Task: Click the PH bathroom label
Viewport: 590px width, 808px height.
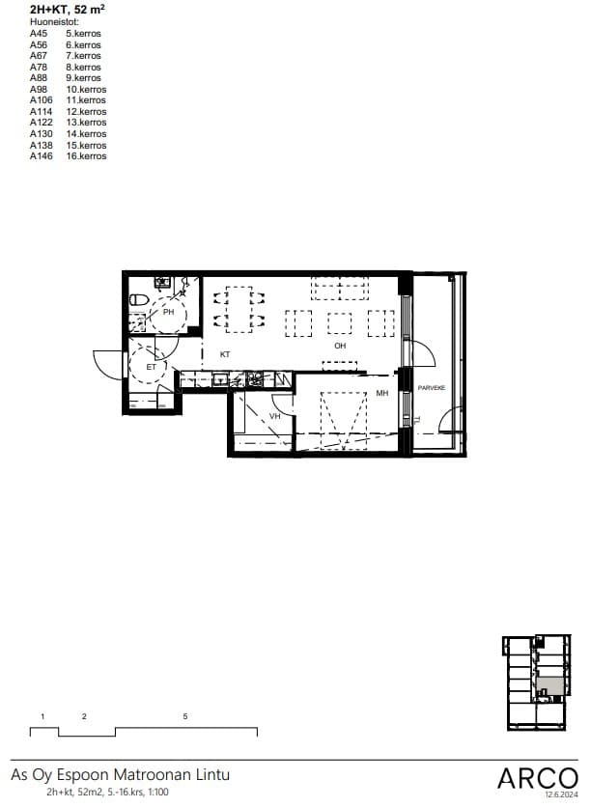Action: [x=168, y=312]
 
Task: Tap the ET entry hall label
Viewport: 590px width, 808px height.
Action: [x=151, y=368]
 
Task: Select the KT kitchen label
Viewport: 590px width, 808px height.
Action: [x=225, y=354]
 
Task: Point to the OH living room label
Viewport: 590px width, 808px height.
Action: [x=340, y=346]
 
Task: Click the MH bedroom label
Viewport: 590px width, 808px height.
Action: [x=381, y=393]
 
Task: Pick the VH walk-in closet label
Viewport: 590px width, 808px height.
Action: [x=274, y=416]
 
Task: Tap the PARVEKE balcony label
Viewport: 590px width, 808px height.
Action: [x=432, y=387]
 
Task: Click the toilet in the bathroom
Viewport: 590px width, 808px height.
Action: [x=139, y=299]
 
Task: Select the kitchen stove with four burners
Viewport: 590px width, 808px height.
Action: [x=255, y=379]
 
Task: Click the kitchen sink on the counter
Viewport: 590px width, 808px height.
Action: [x=221, y=379]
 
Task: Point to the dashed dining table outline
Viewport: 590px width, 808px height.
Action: [x=239, y=309]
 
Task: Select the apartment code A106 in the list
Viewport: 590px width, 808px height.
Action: [x=42, y=100]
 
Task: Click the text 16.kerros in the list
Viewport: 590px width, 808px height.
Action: [x=86, y=156]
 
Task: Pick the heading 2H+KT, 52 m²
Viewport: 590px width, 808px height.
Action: [x=68, y=10]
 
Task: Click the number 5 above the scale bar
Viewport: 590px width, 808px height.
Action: [x=185, y=716]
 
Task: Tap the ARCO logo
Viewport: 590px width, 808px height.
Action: [x=538, y=778]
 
